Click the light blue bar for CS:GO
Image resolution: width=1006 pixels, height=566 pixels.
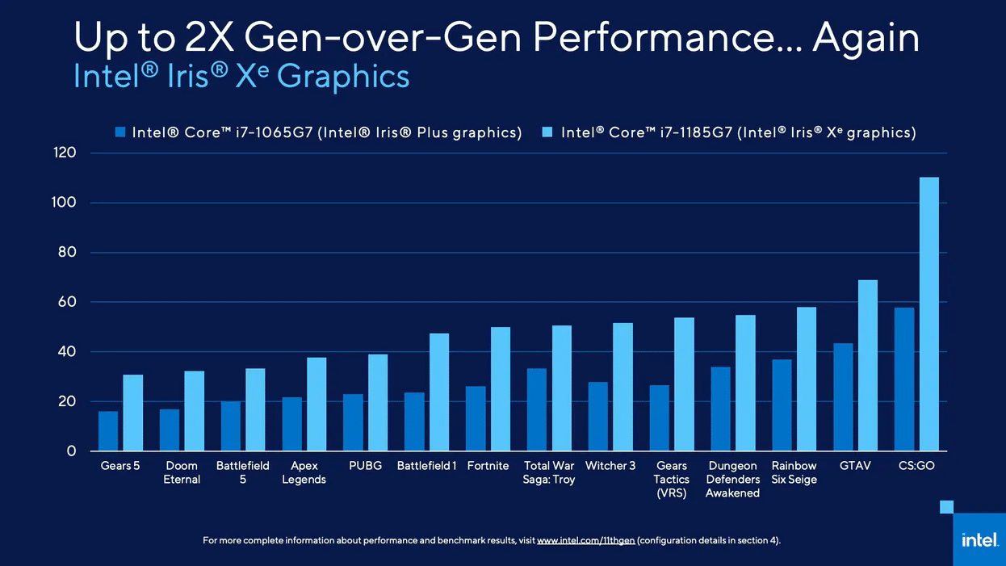(929, 314)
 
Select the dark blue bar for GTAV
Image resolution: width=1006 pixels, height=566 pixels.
(843, 397)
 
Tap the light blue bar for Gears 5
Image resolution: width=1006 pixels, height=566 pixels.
(133, 413)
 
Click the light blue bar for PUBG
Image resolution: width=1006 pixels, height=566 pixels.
(378, 402)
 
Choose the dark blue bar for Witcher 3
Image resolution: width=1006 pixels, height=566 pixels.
(598, 417)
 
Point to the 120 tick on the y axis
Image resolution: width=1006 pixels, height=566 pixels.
(65, 153)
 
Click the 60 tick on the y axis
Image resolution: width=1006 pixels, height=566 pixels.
(65, 302)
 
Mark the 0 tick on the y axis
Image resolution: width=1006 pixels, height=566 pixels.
(71, 451)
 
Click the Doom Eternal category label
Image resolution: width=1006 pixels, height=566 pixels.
(182, 472)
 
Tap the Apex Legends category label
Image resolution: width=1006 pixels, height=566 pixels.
(304, 472)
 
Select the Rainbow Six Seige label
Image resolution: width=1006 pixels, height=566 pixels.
(794, 472)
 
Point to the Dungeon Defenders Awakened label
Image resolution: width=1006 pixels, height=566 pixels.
(733, 479)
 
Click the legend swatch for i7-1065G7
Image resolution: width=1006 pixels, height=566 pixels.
(121, 133)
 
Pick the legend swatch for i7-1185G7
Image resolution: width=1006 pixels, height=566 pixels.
(546, 133)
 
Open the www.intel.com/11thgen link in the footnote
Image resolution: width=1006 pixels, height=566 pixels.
(585, 540)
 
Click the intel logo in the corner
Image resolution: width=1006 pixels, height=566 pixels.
(979, 539)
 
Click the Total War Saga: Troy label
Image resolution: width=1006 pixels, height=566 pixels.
(549, 472)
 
